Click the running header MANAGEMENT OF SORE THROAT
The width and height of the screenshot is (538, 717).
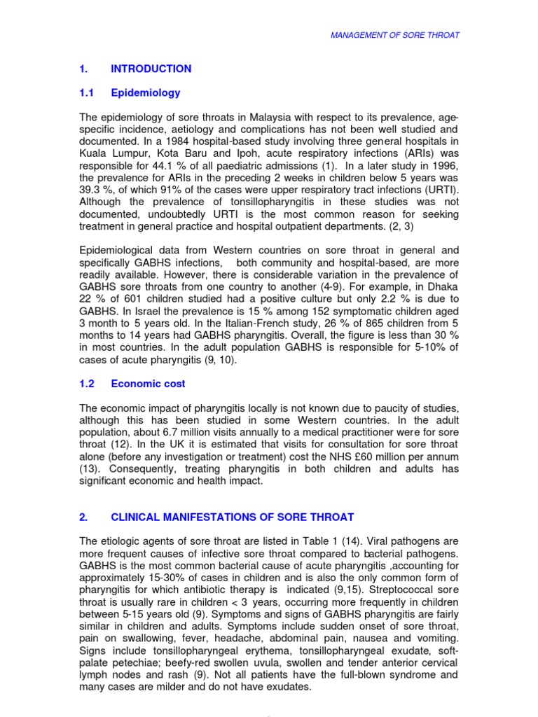(395, 35)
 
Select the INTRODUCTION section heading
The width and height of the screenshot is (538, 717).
(151, 69)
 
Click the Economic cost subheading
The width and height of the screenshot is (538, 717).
(148, 384)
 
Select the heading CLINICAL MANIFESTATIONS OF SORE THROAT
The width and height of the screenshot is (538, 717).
(233, 517)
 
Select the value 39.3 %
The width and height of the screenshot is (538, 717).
(97, 189)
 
